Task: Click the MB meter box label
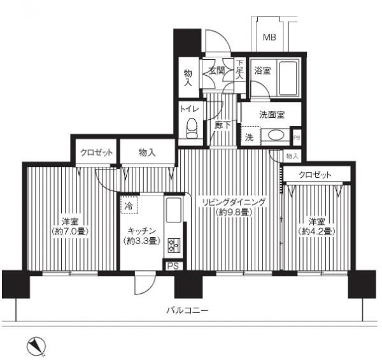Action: [269, 38]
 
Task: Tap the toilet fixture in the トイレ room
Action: [192, 128]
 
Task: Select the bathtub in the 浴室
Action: [288, 78]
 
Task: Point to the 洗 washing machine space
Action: [250, 136]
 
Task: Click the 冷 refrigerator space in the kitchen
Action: [129, 205]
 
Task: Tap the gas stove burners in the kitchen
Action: [174, 245]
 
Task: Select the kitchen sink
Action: [173, 210]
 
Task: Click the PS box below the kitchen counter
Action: [173, 266]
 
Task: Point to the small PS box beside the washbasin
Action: [297, 138]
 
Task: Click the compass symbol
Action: [36, 346]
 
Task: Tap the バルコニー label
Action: [187, 310]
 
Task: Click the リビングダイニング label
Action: [234, 202]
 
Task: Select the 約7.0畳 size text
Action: [70, 231]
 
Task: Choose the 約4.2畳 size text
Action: [316, 231]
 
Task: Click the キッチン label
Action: [141, 231]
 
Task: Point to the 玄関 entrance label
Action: [216, 71]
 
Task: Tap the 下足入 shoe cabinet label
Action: [240, 69]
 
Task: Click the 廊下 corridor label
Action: [222, 125]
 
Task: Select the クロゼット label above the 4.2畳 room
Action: [315, 175]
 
